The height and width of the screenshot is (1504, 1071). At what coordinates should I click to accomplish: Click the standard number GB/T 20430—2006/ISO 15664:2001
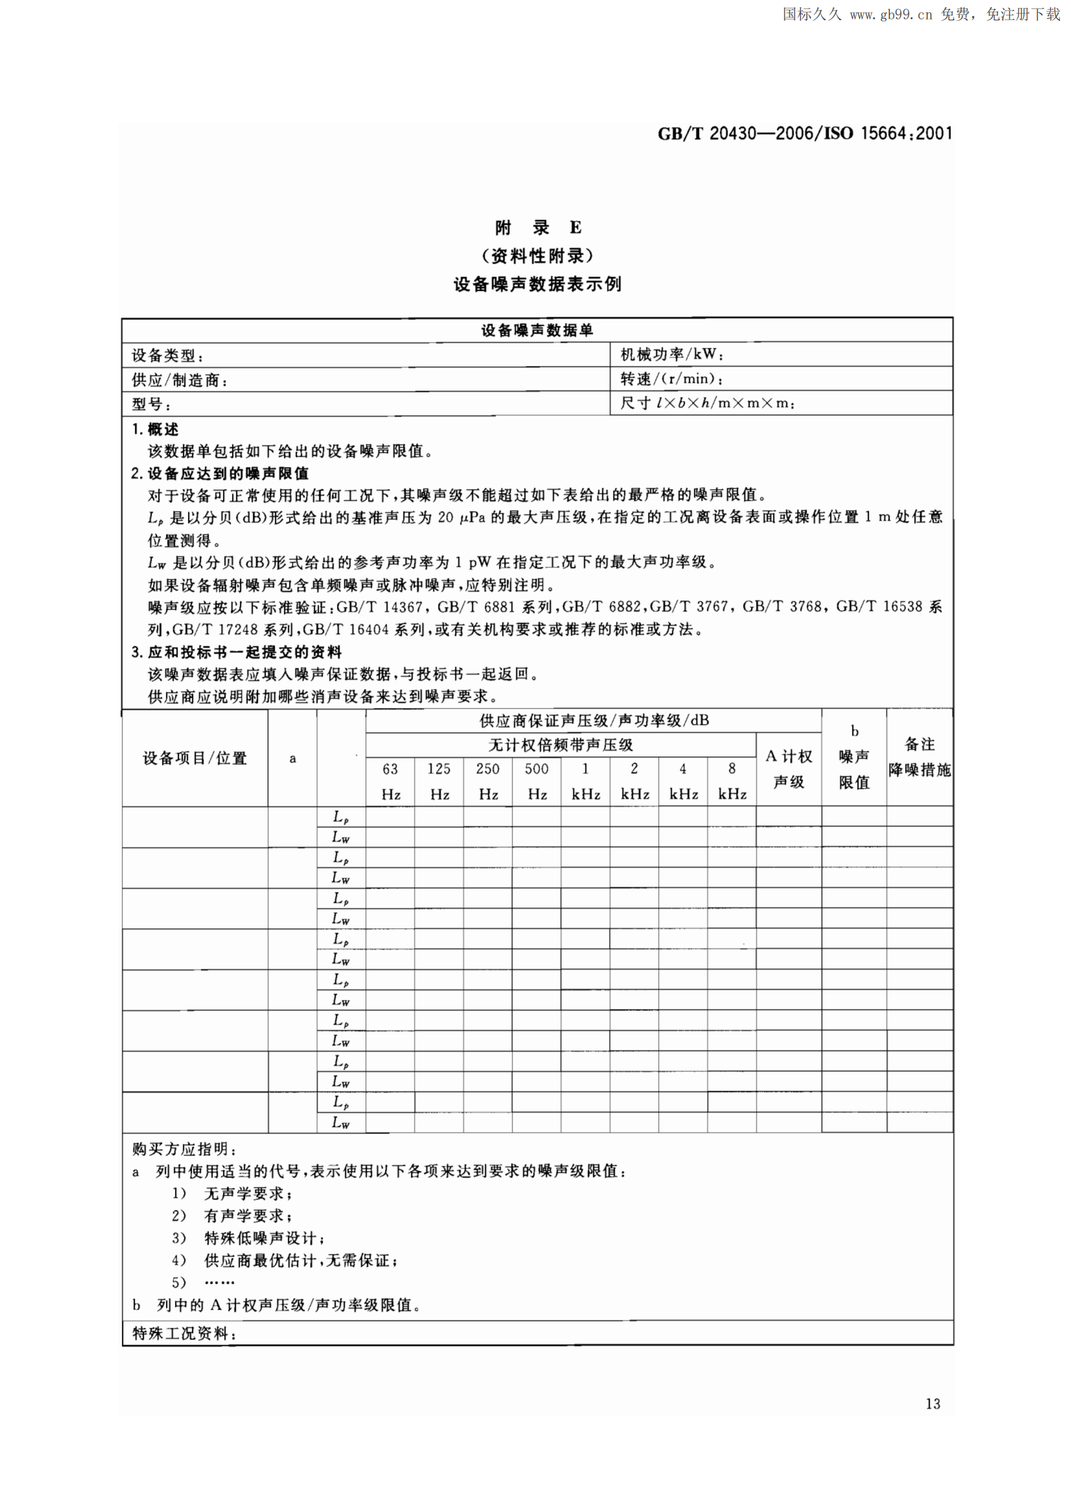click(x=805, y=134)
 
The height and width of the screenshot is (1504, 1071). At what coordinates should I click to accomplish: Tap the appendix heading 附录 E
click(x=538, y=227)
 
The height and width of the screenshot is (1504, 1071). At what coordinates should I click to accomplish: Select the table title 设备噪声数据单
click(x=537, y=330)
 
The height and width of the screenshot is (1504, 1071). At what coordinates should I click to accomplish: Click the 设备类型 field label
click(x=168, y=356)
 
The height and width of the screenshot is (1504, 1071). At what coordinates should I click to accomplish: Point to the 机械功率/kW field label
click(x=671, y=354)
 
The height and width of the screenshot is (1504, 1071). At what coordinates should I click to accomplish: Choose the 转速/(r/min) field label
click(x=671, y=378)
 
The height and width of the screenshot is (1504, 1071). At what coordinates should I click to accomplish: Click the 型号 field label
click(x=150, y=404)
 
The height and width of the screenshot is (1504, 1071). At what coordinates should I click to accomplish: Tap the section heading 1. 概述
click(x=155, y=429)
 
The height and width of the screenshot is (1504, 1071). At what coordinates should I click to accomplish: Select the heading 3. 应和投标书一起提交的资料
click(x=236, y=652)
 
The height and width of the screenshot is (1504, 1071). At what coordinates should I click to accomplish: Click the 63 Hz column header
click(x=391, y=781)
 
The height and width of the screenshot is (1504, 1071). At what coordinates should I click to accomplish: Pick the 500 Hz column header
click(x=537, y=781)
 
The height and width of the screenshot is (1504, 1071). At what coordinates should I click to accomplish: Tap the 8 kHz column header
click(x=732, y=781)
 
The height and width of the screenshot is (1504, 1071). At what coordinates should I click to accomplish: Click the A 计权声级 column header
click(x=789, y=769)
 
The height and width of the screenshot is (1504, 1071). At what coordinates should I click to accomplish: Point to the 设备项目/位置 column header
click(x=194, y=758)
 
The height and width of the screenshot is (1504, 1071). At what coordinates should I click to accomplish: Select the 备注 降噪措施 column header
click(x=920, y=757)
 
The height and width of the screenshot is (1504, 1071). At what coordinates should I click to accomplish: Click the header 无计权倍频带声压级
click(x=560, y=745)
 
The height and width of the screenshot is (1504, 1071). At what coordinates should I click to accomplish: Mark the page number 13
click(x=932, y=1404)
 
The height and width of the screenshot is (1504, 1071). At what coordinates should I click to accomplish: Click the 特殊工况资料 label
click(x=184, y=1334)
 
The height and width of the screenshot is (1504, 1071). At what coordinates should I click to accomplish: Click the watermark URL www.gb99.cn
click(x=891, y=14)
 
